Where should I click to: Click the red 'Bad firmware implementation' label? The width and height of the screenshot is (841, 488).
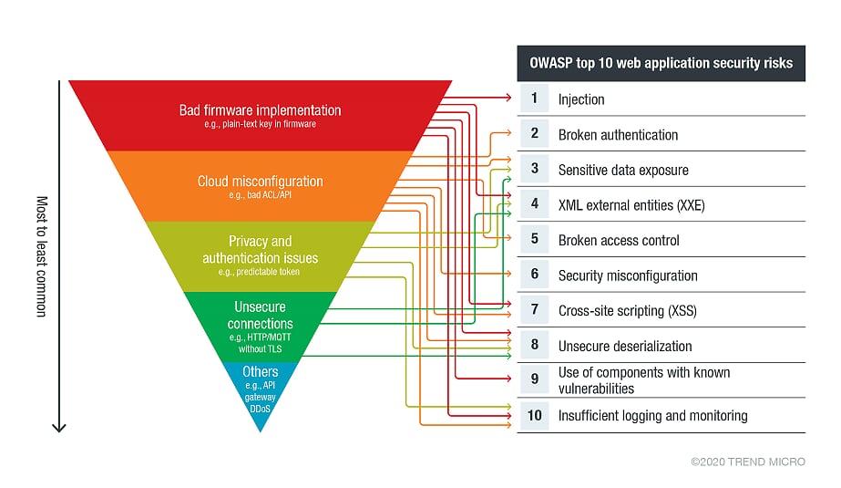260,110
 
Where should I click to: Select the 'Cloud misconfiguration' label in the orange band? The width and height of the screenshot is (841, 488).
260,182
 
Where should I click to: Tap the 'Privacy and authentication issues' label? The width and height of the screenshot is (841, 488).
260,249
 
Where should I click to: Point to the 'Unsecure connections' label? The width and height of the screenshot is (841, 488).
260,315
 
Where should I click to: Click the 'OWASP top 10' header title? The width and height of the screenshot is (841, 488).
661,64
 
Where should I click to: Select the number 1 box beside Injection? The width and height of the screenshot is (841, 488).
534,99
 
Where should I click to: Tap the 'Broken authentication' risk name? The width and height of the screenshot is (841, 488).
618,135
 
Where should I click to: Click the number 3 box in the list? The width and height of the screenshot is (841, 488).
534,169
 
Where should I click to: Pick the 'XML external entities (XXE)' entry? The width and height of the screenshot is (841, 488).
631,205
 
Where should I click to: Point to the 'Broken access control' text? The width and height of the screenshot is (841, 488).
618,241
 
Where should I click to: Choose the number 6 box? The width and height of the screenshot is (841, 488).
534,275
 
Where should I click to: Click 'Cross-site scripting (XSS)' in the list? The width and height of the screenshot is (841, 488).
627,311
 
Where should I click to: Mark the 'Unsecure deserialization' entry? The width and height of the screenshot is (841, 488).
624,347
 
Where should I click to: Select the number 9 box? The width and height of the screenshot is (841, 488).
534,379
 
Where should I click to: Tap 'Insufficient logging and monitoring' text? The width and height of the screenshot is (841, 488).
652,416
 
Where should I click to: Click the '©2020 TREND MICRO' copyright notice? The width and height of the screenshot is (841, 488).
747,462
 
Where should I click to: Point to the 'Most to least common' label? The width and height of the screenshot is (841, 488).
41,256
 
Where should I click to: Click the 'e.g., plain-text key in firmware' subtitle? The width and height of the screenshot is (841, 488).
260,124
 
